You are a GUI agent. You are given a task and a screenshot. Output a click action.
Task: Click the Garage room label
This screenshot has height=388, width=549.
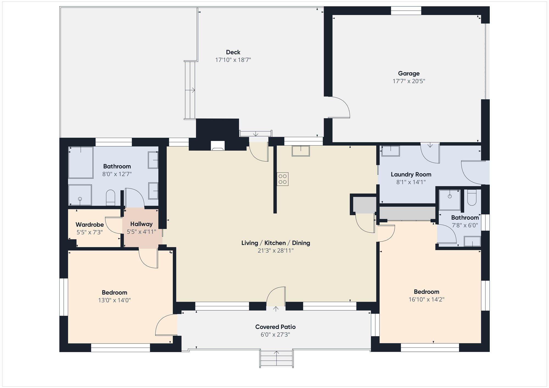[409, 73]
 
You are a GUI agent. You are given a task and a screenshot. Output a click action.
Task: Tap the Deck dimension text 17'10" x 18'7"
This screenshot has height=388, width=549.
[233, 60]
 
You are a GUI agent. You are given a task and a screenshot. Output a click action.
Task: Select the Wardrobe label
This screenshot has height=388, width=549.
[90, 225]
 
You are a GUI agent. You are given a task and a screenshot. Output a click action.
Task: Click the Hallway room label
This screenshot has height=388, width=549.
[141, 224]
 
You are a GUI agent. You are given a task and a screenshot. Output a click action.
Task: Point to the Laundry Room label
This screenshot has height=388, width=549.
[411, 174]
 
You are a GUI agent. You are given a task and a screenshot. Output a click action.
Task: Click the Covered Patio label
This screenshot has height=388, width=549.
[275, 327]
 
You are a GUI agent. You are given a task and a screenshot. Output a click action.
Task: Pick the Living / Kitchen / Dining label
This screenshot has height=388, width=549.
[276, 243]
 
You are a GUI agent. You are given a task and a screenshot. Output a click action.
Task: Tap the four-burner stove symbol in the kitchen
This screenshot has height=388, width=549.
[283, 179]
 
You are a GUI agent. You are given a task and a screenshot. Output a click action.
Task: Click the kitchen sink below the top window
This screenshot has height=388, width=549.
[301, 151]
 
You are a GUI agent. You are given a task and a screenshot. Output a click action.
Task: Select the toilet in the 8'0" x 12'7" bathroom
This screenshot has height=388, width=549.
[110, 197]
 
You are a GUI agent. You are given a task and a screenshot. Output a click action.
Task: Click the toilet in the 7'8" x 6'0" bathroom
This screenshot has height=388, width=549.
[472, 198]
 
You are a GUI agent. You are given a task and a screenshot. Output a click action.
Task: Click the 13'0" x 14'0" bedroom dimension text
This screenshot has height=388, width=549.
[114, 300]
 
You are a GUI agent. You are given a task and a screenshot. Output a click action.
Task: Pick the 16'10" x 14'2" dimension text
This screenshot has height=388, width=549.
[426, 299]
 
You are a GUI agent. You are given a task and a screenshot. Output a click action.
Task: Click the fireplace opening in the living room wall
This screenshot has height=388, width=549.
[218, 146]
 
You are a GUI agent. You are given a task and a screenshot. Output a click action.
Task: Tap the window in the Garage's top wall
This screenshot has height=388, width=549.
[406, 11]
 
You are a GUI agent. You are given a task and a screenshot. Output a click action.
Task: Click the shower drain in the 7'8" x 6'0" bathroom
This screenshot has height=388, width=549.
[450, 196]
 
